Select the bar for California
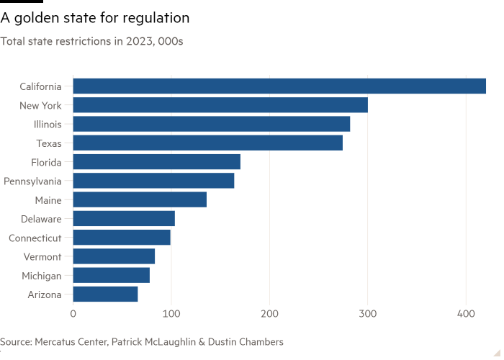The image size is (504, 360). tap(279, 86)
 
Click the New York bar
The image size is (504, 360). tap(220, 105)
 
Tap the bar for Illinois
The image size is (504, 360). tap(212, 124)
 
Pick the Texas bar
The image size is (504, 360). tap(207, 143)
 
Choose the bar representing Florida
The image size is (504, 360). tap(156, 162)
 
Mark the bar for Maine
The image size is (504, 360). tap(140, 199)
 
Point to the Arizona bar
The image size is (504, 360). tap(105, 294)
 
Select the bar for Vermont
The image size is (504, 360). tap(114, 256)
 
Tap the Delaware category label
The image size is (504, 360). tap(41, 219)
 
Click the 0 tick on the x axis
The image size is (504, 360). tap(73, 314)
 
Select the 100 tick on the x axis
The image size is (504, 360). tap(171, 314)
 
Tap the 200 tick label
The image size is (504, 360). tap(269, 314)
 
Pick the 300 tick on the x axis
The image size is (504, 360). tap(368, 314)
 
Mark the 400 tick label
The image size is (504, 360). tap(466, 314)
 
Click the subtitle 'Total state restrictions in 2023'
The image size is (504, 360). tap(91, 42)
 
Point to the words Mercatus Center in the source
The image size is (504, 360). tap(69, 341)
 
